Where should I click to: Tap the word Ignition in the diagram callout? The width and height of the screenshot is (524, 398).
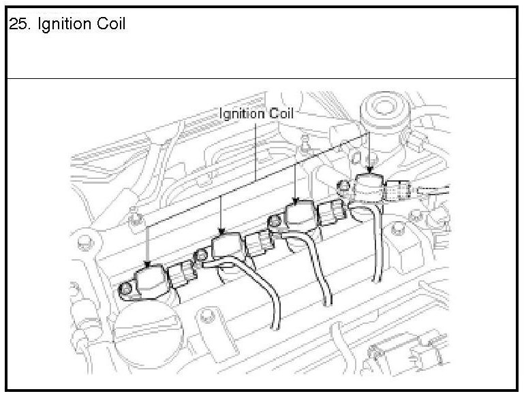click(241, 114)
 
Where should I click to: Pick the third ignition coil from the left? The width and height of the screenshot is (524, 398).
click(298, 214)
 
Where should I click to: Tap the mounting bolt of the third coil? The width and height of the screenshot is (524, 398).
click(275, 221)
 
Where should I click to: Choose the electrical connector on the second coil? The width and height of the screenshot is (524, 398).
click(258, 243)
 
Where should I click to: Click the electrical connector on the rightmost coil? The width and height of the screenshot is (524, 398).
click(401, 193)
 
